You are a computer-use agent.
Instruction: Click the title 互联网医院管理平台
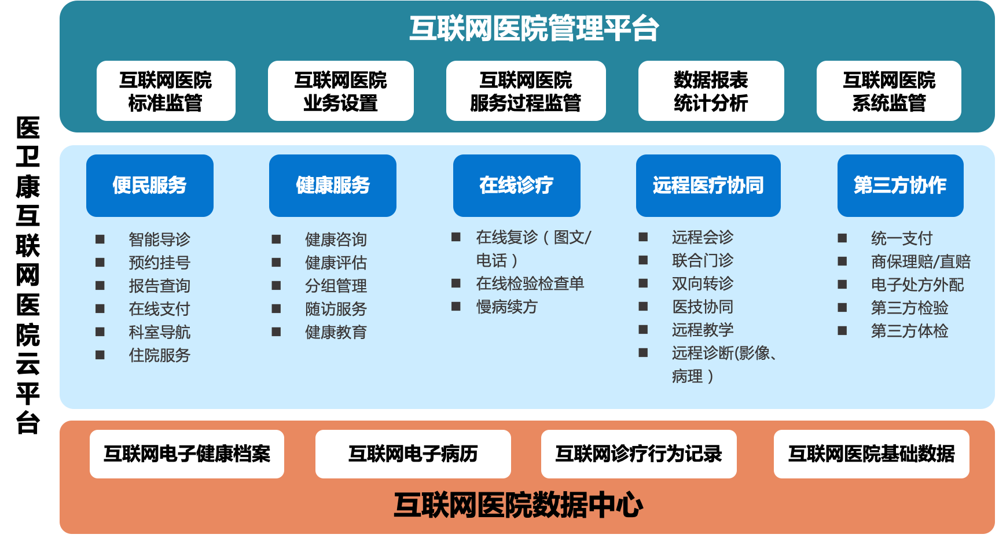coord(534,28)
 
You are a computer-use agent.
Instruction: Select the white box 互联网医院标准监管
coord(166,91)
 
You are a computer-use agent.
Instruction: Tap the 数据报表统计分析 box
coord(711,91)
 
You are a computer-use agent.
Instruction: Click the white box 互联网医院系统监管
coord(889,91)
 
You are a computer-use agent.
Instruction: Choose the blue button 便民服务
coord(150,186)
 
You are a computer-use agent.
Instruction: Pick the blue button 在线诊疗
coord(517,186)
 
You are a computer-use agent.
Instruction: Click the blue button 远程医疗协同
coord(708,186)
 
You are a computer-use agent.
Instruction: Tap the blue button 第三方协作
coord(901,186)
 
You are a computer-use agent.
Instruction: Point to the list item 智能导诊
coord(159,239)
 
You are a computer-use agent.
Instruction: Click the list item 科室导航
coord(159,332)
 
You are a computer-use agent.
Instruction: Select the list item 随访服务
coord(336,309)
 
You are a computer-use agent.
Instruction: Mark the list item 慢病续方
coord(506,307)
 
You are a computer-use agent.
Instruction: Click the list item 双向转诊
coord(703,283)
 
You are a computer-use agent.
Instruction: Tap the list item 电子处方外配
coord(917,285)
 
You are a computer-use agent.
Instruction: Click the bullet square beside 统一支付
coord(842,238)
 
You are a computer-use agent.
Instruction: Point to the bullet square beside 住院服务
coord(100,355)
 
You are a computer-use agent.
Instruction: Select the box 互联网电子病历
coord(413,454)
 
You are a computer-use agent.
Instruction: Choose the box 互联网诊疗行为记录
coord(639,454)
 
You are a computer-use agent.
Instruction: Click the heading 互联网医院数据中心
coord(518,505)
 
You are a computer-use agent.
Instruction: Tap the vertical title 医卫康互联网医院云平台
coord(28,275)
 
